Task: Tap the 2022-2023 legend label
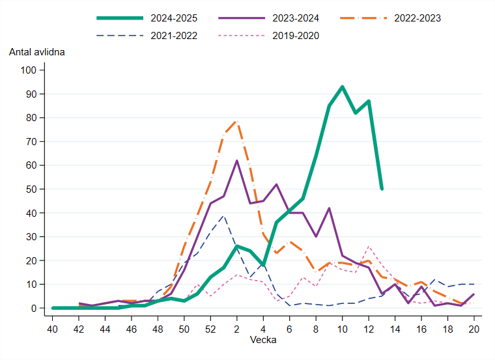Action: click(417, 18)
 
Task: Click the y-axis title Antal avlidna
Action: click(37, 51)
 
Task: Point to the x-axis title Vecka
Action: click(263, 340)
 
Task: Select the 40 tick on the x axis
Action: click(53, 329)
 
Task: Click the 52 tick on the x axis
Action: click(210, 329)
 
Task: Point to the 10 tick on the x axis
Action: click(342, 329)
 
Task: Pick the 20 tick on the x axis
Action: click(474, 329)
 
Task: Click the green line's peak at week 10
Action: click(342, 87)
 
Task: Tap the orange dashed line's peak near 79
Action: click(237, 120)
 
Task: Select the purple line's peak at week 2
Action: click(237, 160)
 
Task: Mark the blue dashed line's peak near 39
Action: click(223, 215)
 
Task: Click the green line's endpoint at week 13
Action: click(382, 189)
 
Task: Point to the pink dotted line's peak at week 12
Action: click(369, 246)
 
